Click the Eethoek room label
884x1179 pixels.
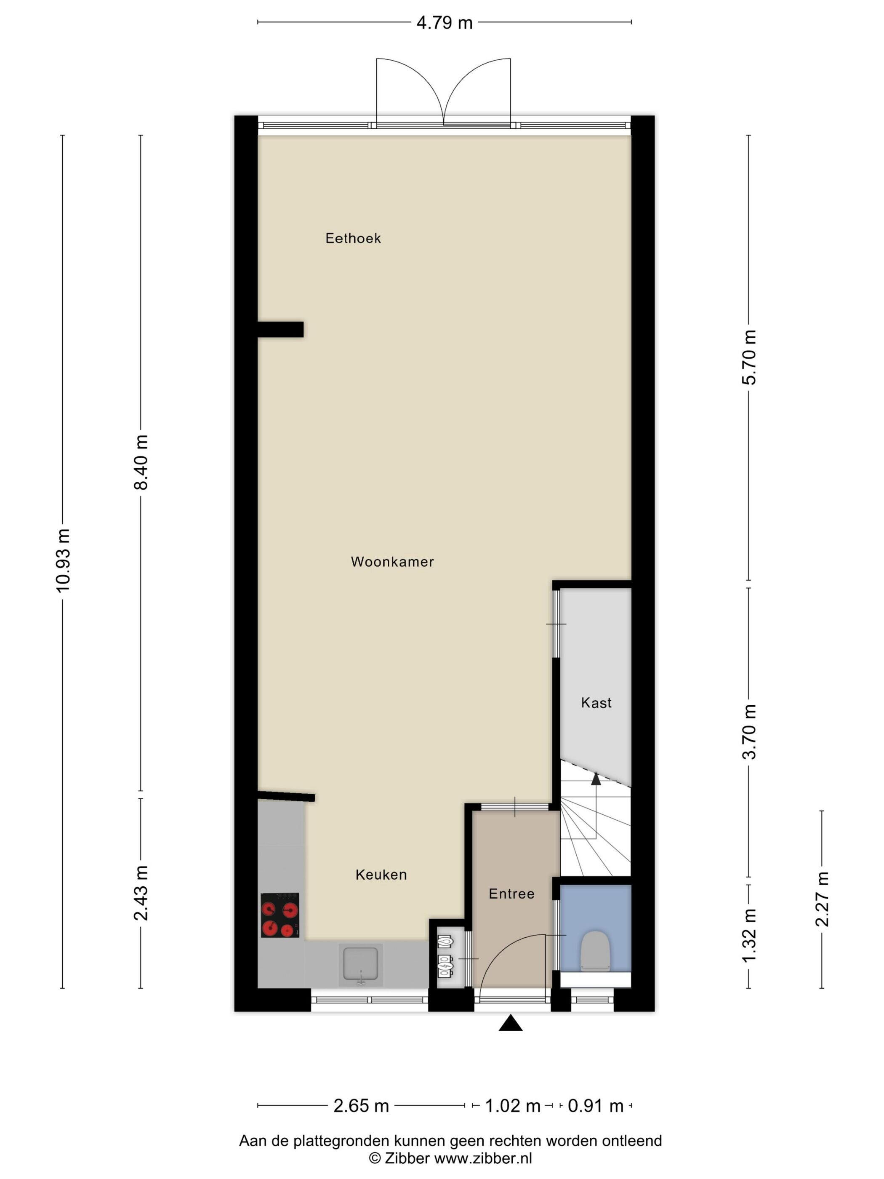point(353,238)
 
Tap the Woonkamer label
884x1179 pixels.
point(393,562)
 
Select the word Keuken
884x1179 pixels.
point(381,875)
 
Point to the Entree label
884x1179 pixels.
point(512,894)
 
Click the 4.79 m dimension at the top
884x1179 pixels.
point(445,23)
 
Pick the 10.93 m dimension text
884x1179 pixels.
point(63,561)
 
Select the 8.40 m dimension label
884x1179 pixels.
point(141,462)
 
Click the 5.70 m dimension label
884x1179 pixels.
point(749,357)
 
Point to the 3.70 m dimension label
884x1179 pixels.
point(749,731)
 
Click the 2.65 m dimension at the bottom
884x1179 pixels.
point(361,1106)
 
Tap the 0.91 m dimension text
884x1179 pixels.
point(596,1106)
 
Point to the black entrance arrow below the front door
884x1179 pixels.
point(511,1023)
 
